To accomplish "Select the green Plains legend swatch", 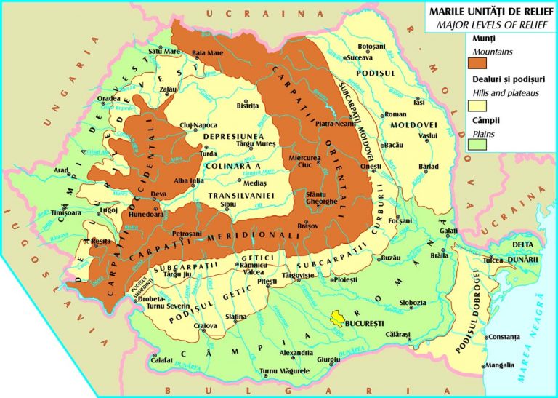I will tap(477, 142).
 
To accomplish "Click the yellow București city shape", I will tap(337, 318).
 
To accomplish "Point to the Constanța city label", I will tap(504, 338).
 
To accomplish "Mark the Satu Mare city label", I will tap(164, 52).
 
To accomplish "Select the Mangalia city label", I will tap(501, 365).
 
